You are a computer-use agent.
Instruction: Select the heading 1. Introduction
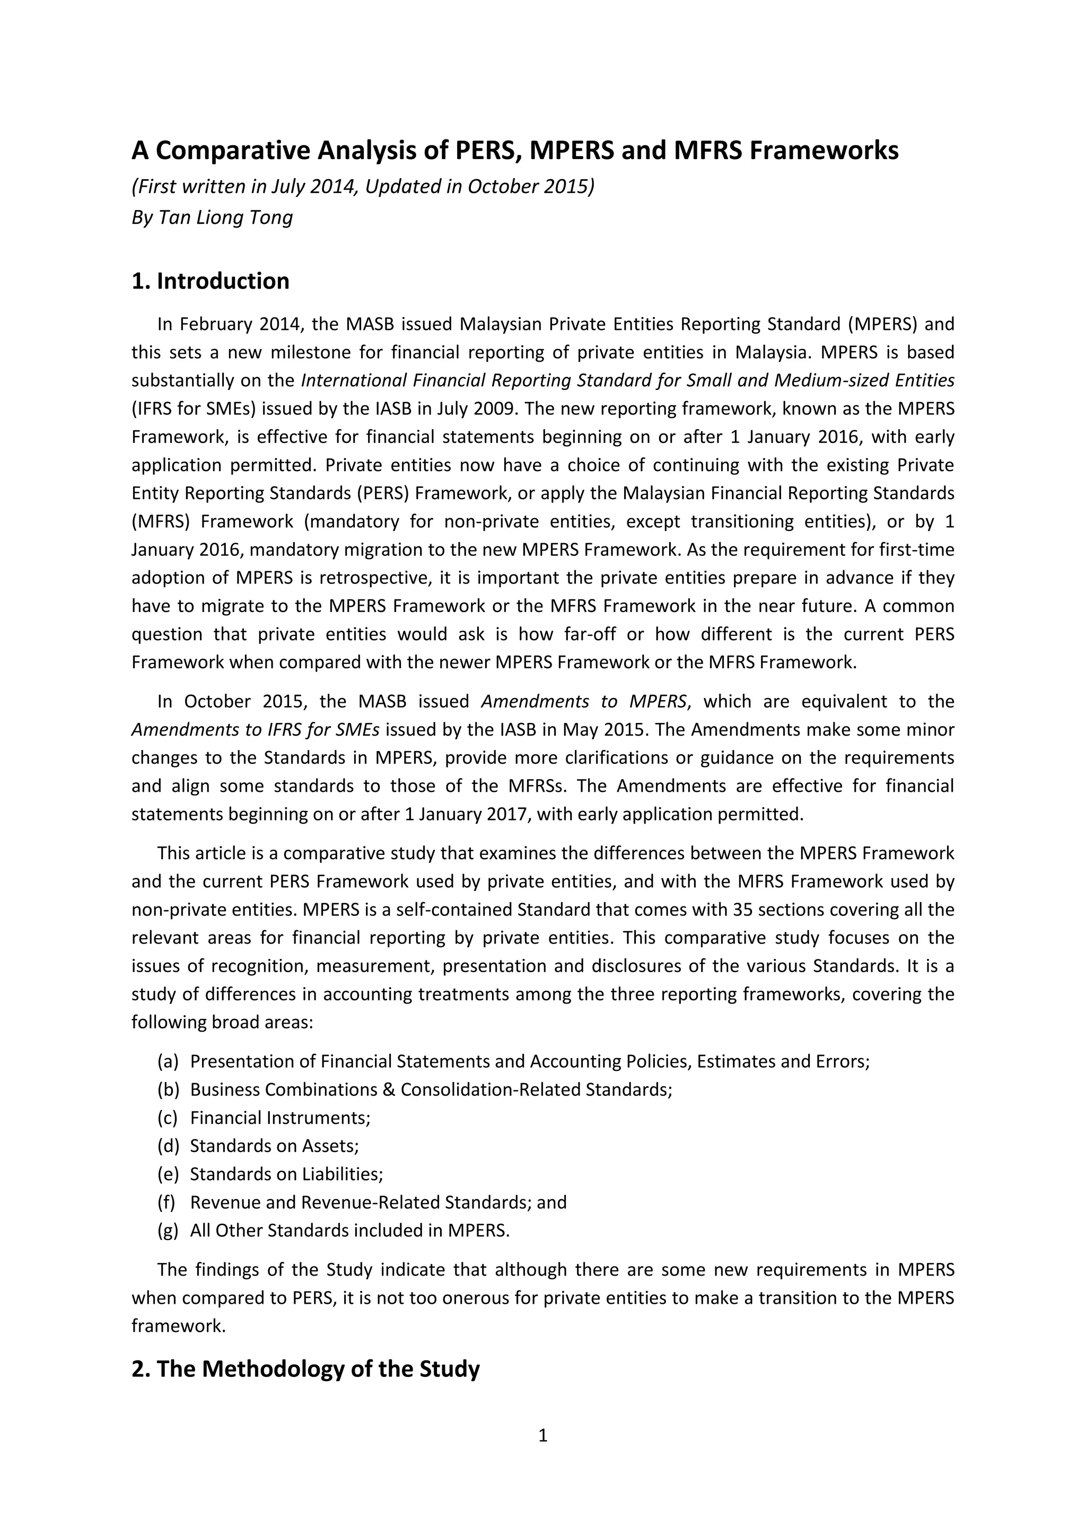pos(210,281)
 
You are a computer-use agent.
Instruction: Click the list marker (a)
pos(168,1061)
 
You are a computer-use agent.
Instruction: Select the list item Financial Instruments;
pos(280,1117)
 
